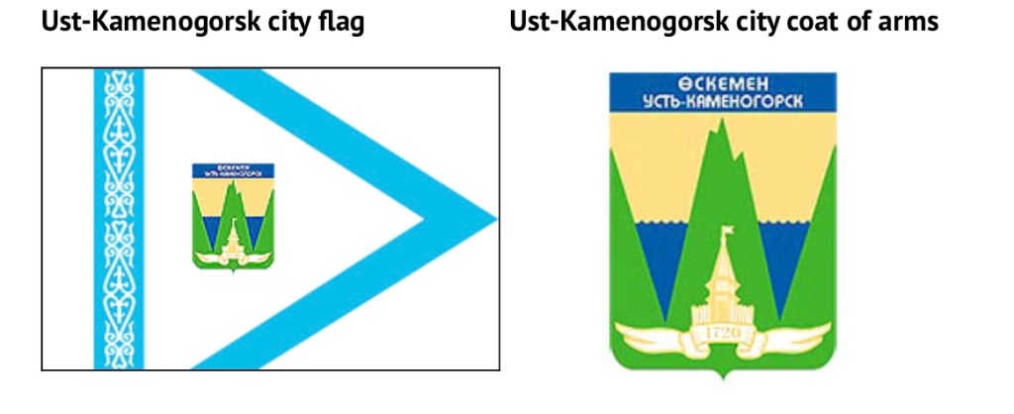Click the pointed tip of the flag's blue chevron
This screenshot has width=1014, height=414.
tap(492, 219)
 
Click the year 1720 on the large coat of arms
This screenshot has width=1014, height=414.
tap(722, 332)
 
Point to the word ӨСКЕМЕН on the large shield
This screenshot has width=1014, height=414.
tap(722, 84)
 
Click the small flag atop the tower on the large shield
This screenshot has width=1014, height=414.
tap(728, 233)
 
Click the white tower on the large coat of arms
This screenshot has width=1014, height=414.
tap(722, 287)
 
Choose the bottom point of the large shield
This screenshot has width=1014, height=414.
tap(723, 377)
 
